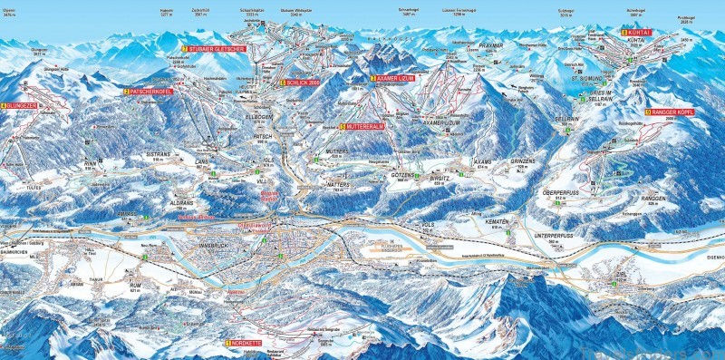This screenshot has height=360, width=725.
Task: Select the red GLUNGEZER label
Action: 20,106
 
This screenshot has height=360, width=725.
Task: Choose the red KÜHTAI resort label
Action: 637,32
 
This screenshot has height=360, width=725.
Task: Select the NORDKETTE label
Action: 242,344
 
